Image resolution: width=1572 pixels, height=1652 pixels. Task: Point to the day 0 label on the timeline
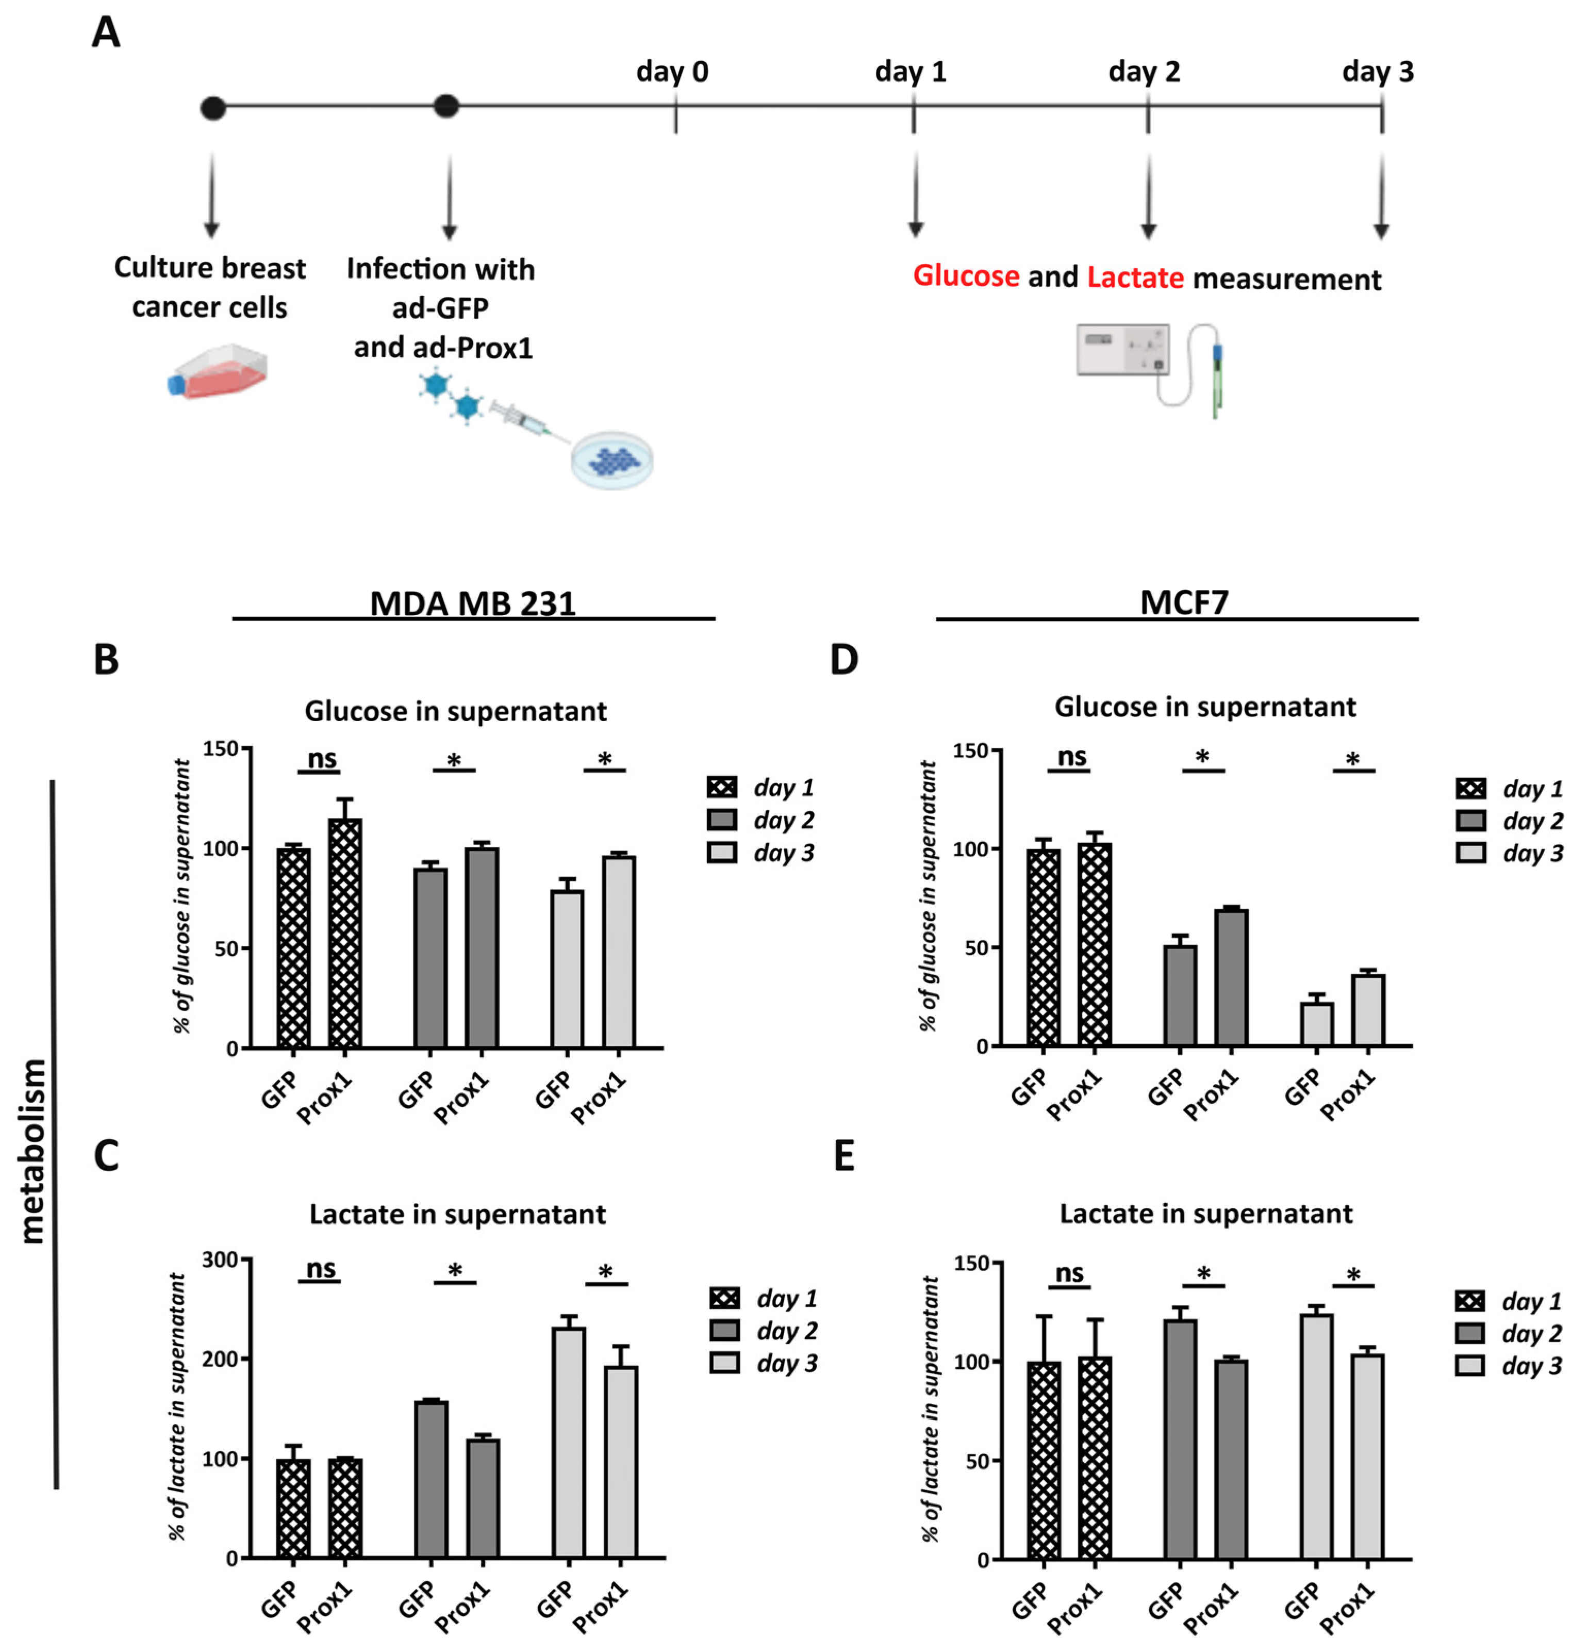pos(671,72)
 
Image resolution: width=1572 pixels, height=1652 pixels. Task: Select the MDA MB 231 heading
pos(473,603)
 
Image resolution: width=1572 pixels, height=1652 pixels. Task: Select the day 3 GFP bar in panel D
pos(1316,1023)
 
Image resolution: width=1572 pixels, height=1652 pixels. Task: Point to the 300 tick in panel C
pos(220,1260)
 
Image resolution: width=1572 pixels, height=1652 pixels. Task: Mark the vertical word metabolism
pos(34,1151)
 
